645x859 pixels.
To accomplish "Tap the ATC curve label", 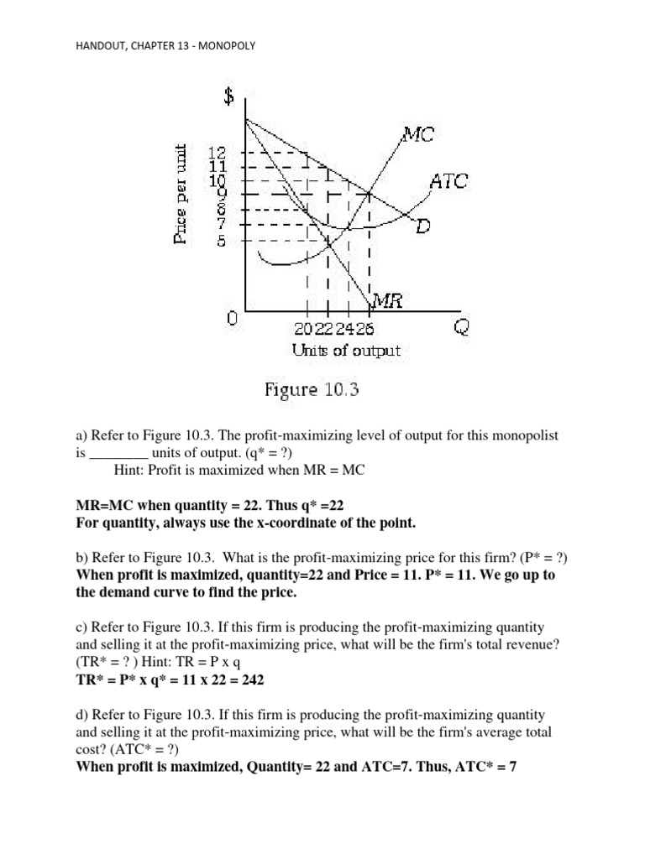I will (448, 180).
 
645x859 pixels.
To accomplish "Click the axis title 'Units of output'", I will (347, 351).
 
